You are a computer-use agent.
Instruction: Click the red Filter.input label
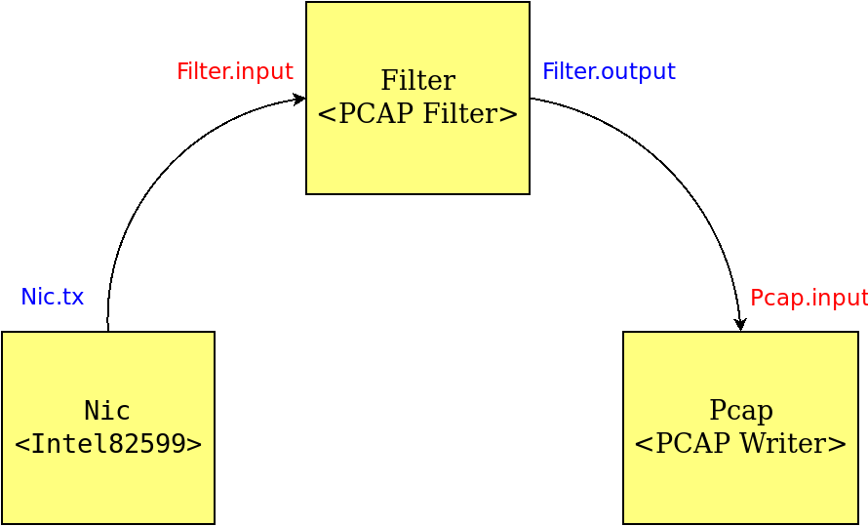(235, 72)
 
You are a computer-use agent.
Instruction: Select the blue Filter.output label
(609, 72)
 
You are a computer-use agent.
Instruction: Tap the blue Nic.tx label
(52, 297)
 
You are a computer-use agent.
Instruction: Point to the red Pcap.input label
(809, 298)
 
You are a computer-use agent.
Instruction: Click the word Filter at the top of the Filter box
(418, 80)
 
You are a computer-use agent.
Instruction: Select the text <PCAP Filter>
(418, 113)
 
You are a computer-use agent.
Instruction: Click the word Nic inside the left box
(107, 410)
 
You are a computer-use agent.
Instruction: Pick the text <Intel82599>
(108, 443)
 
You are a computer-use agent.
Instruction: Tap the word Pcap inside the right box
(740, 411)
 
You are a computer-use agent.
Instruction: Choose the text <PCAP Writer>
(740, 443)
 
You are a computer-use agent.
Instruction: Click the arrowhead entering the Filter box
(299, 100)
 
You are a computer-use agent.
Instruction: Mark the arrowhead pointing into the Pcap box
(740, 324)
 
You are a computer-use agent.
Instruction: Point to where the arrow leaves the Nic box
(108, 331)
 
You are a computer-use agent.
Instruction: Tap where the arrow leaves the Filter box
(531, 99)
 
